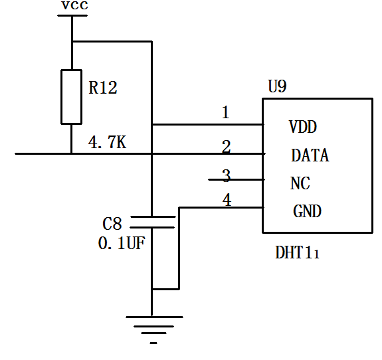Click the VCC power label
pyautogui.click(x=74, y=5)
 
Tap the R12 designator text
pyautogui.click(x=103, y=88)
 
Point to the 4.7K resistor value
pyautogui.click(x=107, y=142)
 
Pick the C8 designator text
pyautogui.click(x=112, y=224)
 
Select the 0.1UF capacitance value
pyautogui.click(x=122, y=243)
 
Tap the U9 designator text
pyautogui.click(x=277, y=86)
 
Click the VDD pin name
pyautogui.click(x=303, y=127)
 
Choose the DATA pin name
pyautogui.click(x=310, y=155)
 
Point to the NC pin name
pyautogui.click(x=300, y=183)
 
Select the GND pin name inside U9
pyautogui.click(x=307, y=211)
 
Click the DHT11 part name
pyautogui.click(x=297, y=252)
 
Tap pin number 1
pyautogui.click(x=226, y=112)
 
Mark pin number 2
pyautogui.click(x=227, y=146)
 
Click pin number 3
pyautogui.click(x=227, y=175)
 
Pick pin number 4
pyautogui.click(x=227, y=200)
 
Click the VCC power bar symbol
pyautogui.click(x=72, y=15)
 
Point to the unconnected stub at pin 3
pyautogui.click(x=237, y=180)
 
